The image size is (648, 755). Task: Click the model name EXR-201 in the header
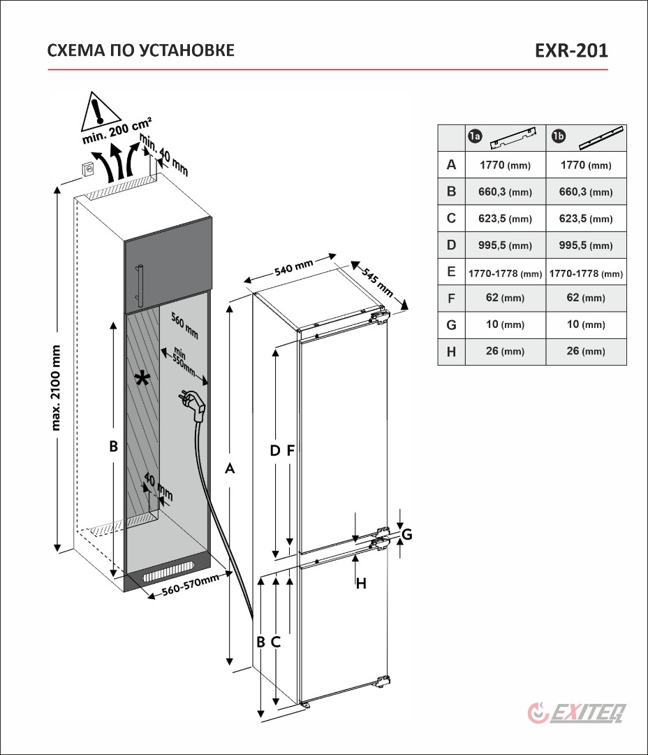(570, 50)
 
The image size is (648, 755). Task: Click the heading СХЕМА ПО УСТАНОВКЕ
(140, 50)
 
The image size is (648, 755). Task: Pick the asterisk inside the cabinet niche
(142, 379)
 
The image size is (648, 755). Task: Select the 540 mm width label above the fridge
(294, 269)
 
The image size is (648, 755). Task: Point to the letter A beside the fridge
(229, 470)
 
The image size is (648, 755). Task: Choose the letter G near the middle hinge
(407, 535)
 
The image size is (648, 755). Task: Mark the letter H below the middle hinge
(361, 584)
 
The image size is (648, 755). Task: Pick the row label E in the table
(451, 272)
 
